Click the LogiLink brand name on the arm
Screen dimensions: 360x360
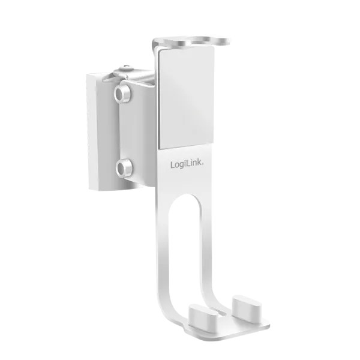(x=187, y=164)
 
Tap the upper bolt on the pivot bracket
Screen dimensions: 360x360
(x=123, y=92)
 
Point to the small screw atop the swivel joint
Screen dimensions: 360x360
(x=125, y=67)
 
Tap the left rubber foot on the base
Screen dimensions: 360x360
(x=203, y=314)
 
